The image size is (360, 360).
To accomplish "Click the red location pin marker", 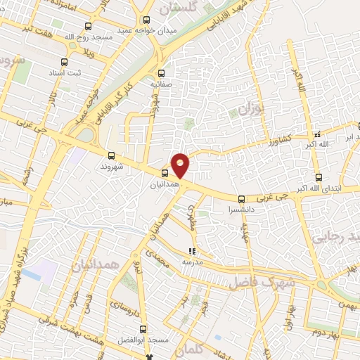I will tap(180, 165).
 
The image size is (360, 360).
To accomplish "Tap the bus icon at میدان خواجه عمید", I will tap(146, 21).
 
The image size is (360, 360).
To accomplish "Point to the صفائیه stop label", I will tap(161, 83).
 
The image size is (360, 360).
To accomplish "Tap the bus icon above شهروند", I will tap(111, 155).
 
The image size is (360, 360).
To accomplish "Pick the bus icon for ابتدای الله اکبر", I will tap(319, 177).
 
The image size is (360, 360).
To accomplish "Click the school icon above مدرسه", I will tap(191, 251).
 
